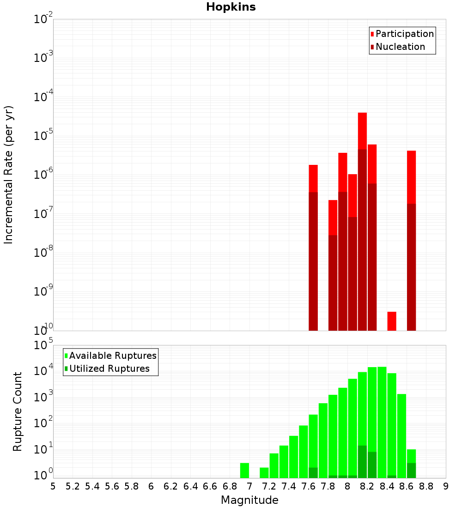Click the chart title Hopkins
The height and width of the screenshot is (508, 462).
pyautogui.click(x=231, y=7)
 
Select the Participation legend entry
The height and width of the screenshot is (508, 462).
pyautogui.click(x=405, y=34)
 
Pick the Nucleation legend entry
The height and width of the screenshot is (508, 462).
pyautogui.click(x=400, y=47)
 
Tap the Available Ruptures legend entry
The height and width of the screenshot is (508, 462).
pyautogui.click(x=113, y=356)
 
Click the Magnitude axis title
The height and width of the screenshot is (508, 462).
pyautogui.click(x=249, y=500)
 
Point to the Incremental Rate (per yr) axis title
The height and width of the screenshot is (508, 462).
pyautogui.click(x=9, y=175)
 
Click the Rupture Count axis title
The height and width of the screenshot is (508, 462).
pyautogui.click(x=18, y=411)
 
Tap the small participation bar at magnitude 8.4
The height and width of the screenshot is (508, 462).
pyautogui.click(x=392, y=321)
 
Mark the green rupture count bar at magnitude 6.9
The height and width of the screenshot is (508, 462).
pyautogui.click(x=245, y=470)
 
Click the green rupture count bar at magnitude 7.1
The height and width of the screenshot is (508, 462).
pyautogui.click(x=264, y=472)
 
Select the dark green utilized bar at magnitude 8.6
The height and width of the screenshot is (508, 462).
pyautogui.click(x=412, y=470)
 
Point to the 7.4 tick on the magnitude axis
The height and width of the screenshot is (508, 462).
pyautogui.click(x=289, y=486)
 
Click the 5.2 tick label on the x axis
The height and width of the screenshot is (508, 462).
pyautogui.click(x=73, y=486)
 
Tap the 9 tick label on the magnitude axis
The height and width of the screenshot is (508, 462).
pyautogui.click(x=446, y=486)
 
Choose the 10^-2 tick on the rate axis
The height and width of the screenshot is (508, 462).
pyautogui.click(x=43, y=19)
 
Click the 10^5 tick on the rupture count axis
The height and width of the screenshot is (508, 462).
pyautogui.click(x=44, y=345)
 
